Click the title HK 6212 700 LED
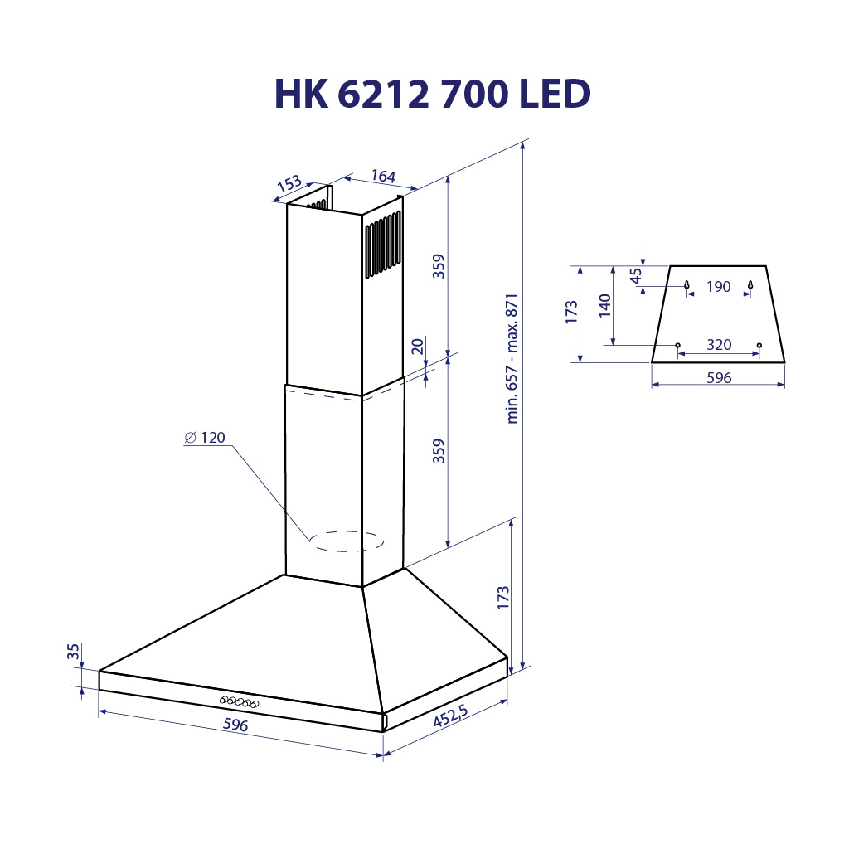tap(432, 95)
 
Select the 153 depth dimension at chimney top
tap(289, 185)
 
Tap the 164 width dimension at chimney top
tap(382, 177)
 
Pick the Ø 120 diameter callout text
tap(205, 438)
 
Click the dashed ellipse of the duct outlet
tap(347, 541)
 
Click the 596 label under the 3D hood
tap(235, 725)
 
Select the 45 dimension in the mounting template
tap(636, 276)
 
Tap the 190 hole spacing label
tap(718, 287)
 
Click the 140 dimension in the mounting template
tap(604, 306)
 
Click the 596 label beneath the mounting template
tap(718, 377)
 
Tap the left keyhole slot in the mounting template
tap(687, 285)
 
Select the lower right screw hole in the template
tap(759, 345)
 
